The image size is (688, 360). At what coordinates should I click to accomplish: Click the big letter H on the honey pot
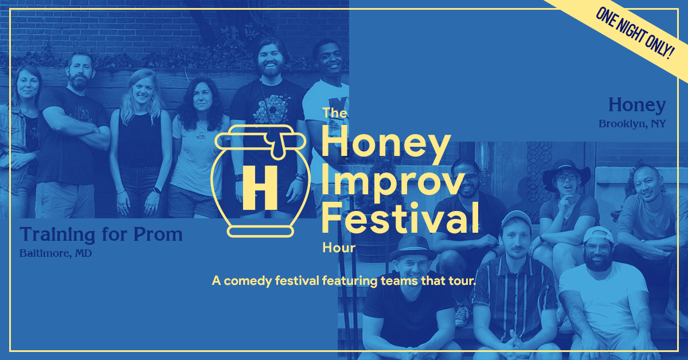click(x=260, y=187)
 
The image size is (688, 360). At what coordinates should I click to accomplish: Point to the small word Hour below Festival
click(x=339, y=248)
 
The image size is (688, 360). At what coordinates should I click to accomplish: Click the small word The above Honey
click(x=334, y=113)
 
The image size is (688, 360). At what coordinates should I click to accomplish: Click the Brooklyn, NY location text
click(x=632, y=124)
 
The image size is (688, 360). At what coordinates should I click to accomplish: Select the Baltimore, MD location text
click(x=56, y=253)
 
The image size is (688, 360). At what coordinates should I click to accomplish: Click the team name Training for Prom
click(x=101, y=234)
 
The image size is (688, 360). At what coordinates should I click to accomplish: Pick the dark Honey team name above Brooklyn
click(x=637, y=105)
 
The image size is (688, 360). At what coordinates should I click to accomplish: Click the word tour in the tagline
click(x=462, y=281)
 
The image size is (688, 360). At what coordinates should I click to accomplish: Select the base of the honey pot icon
click(x=260, y=232)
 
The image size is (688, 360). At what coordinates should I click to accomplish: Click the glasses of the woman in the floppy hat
click(x=566, y=177)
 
